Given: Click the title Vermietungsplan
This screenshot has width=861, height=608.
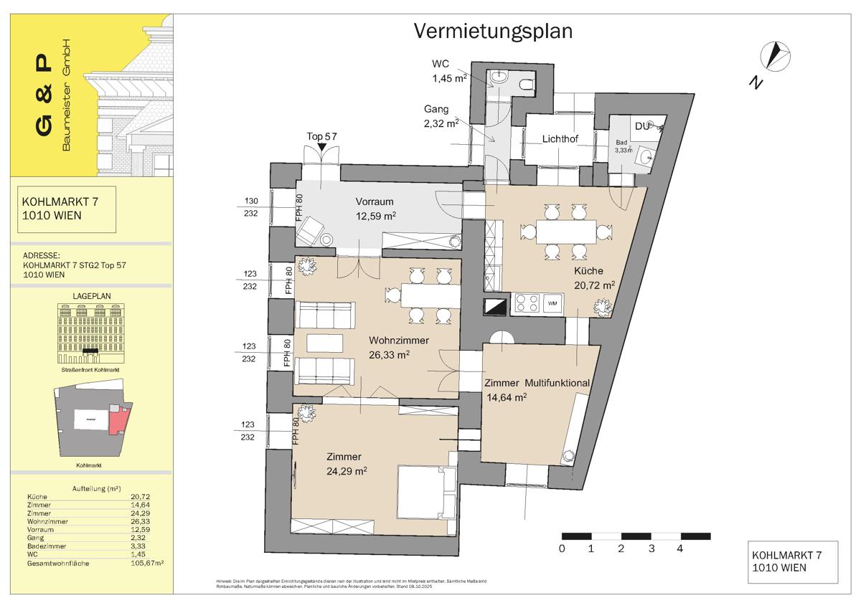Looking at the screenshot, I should (493, 32).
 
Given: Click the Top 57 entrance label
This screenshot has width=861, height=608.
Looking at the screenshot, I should (321, 136).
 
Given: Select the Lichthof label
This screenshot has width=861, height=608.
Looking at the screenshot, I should (560, 138).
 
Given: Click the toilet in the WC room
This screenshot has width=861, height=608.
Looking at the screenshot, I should (527, 87).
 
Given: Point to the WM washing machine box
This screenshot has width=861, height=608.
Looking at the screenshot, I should (552, 304).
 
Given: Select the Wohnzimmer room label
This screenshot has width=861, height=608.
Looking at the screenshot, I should (399, 340).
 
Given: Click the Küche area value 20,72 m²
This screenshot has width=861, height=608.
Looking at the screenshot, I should (593, 285).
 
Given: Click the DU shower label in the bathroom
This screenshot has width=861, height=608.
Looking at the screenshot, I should (642, 126).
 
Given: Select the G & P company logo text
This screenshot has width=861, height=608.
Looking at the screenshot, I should (44, 96).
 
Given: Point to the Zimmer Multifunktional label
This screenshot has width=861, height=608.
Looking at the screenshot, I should (537, 383).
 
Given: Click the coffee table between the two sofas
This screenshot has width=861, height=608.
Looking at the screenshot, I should (324, 343).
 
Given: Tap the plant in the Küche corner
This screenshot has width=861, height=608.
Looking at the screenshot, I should (601, 307).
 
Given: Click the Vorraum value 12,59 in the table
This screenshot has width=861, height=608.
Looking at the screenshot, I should (139, 530).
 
